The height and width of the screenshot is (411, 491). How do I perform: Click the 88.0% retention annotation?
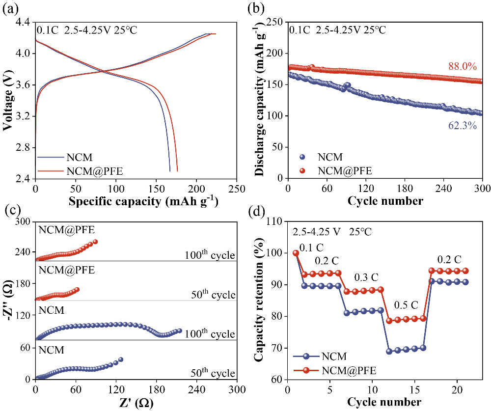tap(462, 67)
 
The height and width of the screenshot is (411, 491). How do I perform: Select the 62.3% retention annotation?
tap(462, 126)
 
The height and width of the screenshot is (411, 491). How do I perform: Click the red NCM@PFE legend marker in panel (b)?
tap(302, 170)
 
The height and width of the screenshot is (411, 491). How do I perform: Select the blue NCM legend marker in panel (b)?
tap(302, 158)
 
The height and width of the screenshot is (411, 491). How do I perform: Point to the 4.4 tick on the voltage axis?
tap(23, 22)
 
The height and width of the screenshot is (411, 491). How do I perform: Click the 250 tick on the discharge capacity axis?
tap(275, 22)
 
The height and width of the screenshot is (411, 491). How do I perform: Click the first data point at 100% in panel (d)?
tap(296, 253)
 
